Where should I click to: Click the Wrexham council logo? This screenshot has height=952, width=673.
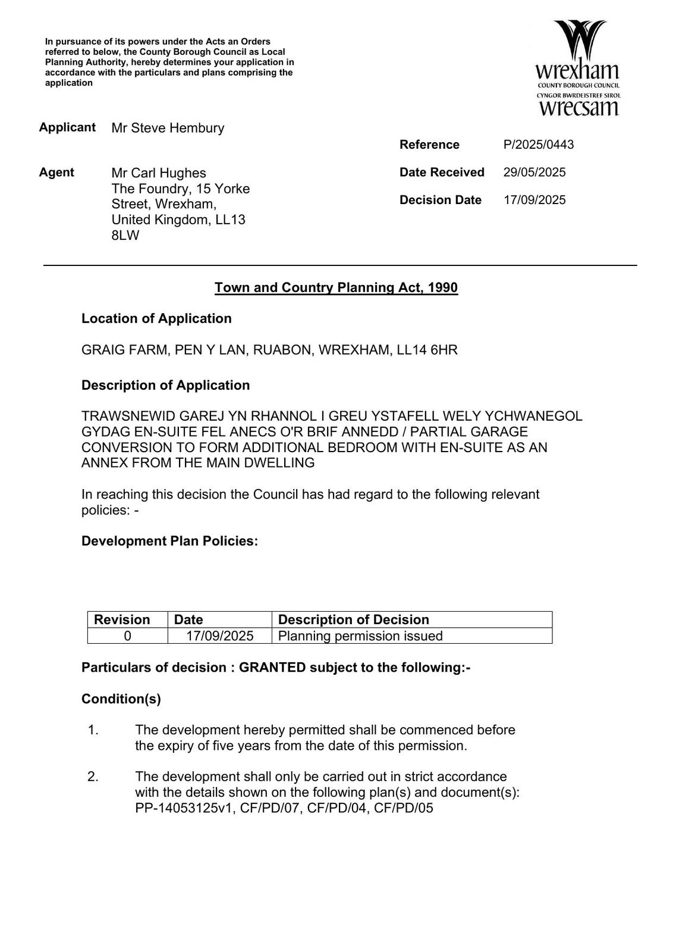point(578,68)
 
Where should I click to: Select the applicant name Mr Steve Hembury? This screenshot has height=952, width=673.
point(168,128)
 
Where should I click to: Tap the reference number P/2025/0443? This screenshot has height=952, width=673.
point(538,145)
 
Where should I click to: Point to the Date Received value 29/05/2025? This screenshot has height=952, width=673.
point(534,173)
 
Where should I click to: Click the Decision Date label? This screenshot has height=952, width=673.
point(440,200)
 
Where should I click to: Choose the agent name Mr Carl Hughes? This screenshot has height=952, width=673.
point(159,173)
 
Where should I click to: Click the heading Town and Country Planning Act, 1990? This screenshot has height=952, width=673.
point(336,288)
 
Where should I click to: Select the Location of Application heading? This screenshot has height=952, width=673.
point(156,319)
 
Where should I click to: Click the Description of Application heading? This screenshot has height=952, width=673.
point(165,386)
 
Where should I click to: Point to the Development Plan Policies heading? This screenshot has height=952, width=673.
point(169,541)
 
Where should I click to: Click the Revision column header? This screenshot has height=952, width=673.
point(122,620)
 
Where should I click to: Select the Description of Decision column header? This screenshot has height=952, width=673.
point(353,620)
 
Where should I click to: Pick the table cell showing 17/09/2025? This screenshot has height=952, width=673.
point(219,636)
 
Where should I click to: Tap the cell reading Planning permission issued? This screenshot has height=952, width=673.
point(360,636)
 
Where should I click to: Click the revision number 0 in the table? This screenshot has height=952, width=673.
point(127,636)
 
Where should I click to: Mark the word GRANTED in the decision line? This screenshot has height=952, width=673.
point(272,668)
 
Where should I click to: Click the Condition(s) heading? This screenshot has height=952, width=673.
point(121,699)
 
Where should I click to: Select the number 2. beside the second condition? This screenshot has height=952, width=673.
point(93,777)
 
